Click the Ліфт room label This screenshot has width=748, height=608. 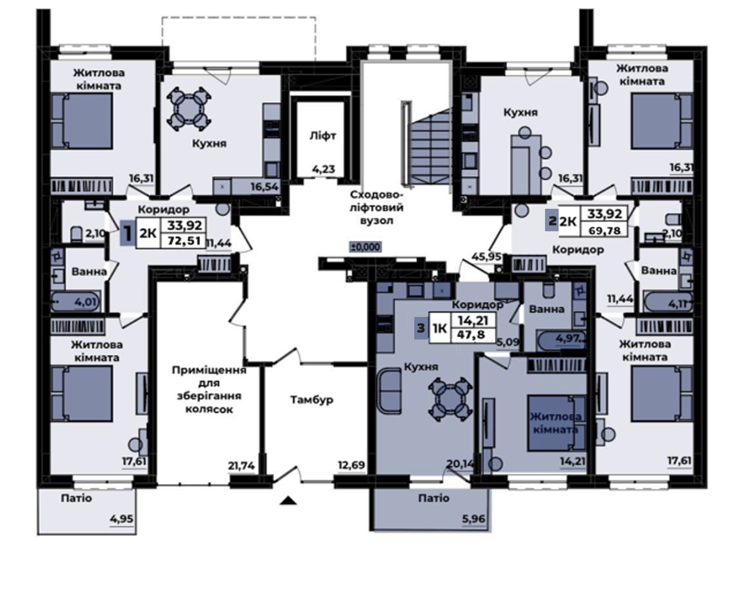coord(323,136)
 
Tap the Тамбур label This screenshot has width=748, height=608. coord(311,400)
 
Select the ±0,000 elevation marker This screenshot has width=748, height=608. coord(365,247)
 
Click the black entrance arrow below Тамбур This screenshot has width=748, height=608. coord(288,500)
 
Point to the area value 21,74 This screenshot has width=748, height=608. coord(241,465)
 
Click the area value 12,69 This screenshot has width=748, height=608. coord(352,465)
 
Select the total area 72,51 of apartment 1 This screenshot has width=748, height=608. coord(184,241)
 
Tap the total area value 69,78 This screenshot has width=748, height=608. coord(605,231)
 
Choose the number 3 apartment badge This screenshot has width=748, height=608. coord(421,328)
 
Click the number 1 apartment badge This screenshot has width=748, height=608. coord(127,233)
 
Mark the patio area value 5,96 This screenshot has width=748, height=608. coord(474,519)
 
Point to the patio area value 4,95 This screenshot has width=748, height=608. coord(121,519)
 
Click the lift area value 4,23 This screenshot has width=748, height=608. coord(324,169)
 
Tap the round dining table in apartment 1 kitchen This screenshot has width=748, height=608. coord(189,109)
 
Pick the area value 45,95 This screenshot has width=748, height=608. coord(486,257)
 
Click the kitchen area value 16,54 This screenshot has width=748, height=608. coord(265,187)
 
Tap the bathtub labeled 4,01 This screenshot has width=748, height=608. coord(76,302)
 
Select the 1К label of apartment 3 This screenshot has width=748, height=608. coord(440,329)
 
